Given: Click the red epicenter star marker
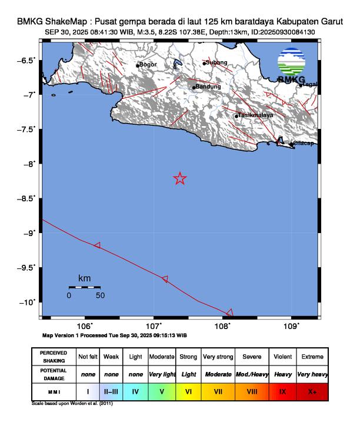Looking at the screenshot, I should click(180, 178).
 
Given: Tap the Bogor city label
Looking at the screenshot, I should click(148, 65).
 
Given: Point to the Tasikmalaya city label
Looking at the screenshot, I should click(256, 115).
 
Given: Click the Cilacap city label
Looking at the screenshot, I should click(304, 144).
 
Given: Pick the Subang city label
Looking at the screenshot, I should click(216, 62).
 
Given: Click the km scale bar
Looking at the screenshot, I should click(84, 287).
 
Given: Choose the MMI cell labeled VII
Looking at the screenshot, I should click(218, 390).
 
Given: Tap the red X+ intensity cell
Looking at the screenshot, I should click(312, 390).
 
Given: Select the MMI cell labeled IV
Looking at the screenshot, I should click(135, 390).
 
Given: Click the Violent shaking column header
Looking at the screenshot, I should click(282, 357).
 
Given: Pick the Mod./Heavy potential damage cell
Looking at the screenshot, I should click(252, 374).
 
